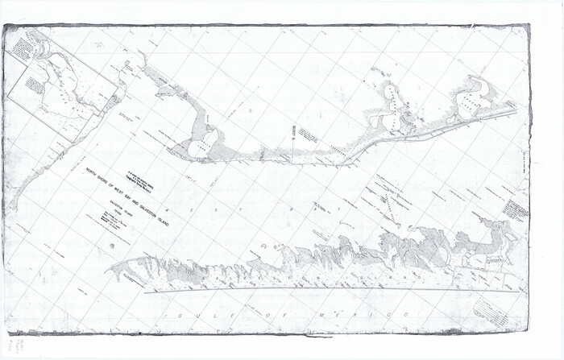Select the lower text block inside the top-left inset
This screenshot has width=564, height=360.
coord(35,84)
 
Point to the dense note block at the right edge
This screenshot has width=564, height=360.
coord(516,209)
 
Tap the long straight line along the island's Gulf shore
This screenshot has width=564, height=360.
coord(322,288)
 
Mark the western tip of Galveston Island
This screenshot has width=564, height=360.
coord(113,268)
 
